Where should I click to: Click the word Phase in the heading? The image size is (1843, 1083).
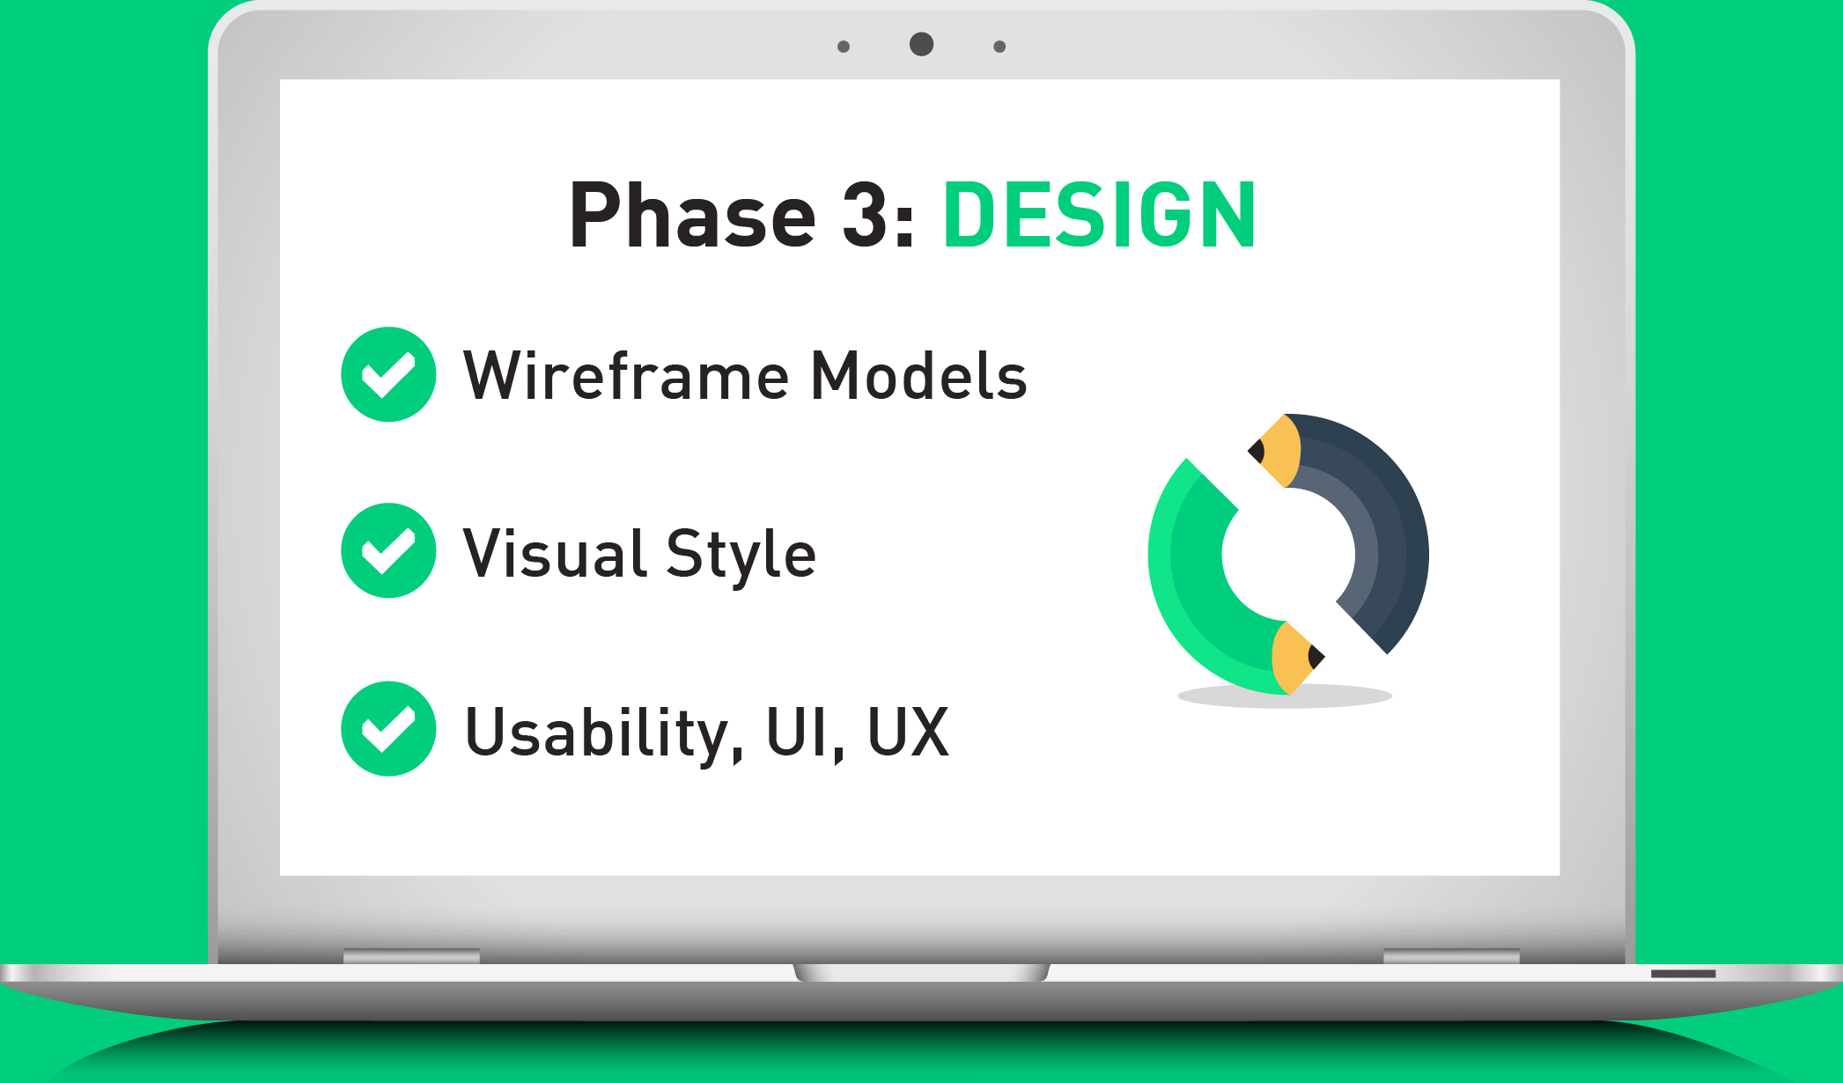click(x=693, y=215)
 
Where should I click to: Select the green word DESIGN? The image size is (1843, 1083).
click(x=1099, y=215)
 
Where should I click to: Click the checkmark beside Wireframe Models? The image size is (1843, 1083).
click(x=388, y=374)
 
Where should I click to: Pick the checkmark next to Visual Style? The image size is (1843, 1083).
click(x=388, y=550)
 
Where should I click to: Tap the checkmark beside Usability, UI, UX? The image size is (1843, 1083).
click(x=388, y=728)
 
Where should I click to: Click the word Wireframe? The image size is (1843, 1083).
click(x=626, y=375)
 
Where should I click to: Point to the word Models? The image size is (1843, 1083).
click(x=919, y=375)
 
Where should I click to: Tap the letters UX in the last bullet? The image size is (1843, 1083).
click(x=908, y=731)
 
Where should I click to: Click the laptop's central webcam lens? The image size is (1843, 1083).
click(x=921, y=44)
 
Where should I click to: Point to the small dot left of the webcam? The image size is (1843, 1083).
click(x=844, y=47)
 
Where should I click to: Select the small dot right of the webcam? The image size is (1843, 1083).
click(x=999, y=47)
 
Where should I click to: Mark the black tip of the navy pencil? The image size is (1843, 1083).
click(x=1257, y=452)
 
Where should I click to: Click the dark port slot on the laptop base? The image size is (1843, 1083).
click(x=1683, y=974)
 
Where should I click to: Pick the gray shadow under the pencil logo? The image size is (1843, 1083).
click(x=1285, y=696)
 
